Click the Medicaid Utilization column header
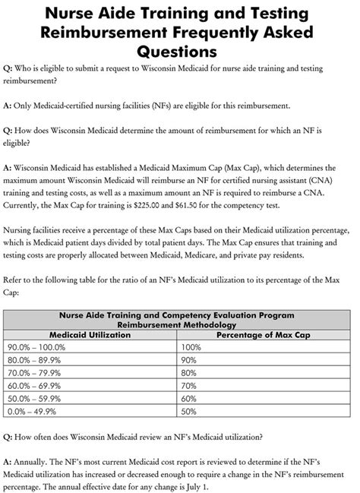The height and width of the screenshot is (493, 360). (x=89, y=333)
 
